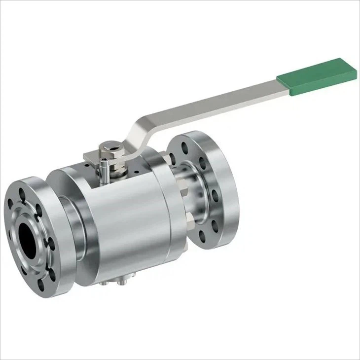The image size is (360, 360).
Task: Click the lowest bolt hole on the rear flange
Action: [x=202, y=237]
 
